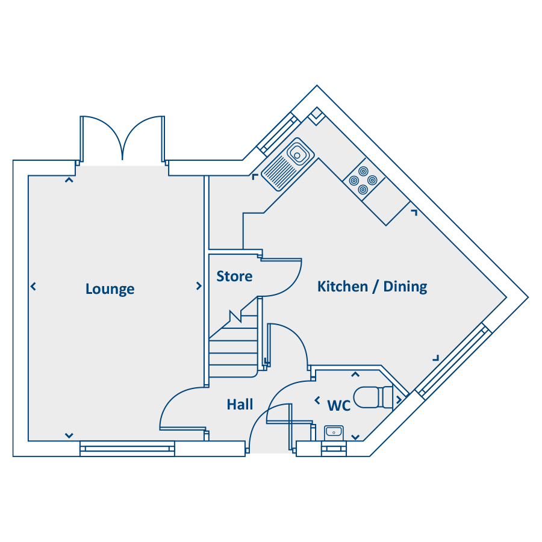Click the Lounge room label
click(x=110, y=289)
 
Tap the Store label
click(x=234, y=276)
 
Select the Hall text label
click(x=240, y=404)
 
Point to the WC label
click(x=338, y=405)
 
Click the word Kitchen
click(x=343, y=287)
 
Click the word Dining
click(x=405, y=287)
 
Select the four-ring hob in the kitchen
click(x=363, y=180)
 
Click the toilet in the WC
click(x=373, y=397)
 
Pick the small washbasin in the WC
click(x=334, y=432)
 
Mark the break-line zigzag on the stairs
click(x=235, y=316)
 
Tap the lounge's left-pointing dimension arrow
click(x=33, y=286)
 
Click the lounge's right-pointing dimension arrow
click(x=199, y=286)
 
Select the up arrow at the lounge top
click(x=69, y=180)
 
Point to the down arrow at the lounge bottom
click(x=69, y=435)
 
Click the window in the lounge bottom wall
click(x=127, y=449)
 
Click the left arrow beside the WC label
click(x=317, y=400)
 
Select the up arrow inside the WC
click(x=355, y=375)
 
